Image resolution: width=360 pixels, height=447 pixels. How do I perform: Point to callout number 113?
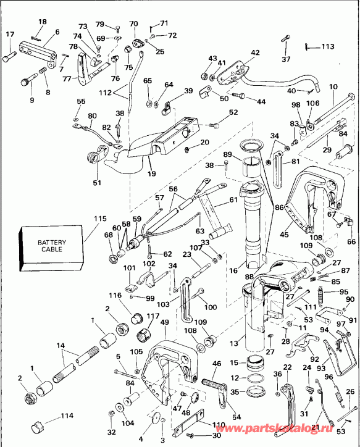point(327,46)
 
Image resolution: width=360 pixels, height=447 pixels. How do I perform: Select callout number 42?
point(256,53)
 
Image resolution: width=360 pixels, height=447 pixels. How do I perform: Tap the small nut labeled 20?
point(186,151)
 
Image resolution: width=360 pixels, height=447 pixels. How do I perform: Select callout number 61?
point(233,199)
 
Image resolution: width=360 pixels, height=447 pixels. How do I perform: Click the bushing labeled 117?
point(145,335)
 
